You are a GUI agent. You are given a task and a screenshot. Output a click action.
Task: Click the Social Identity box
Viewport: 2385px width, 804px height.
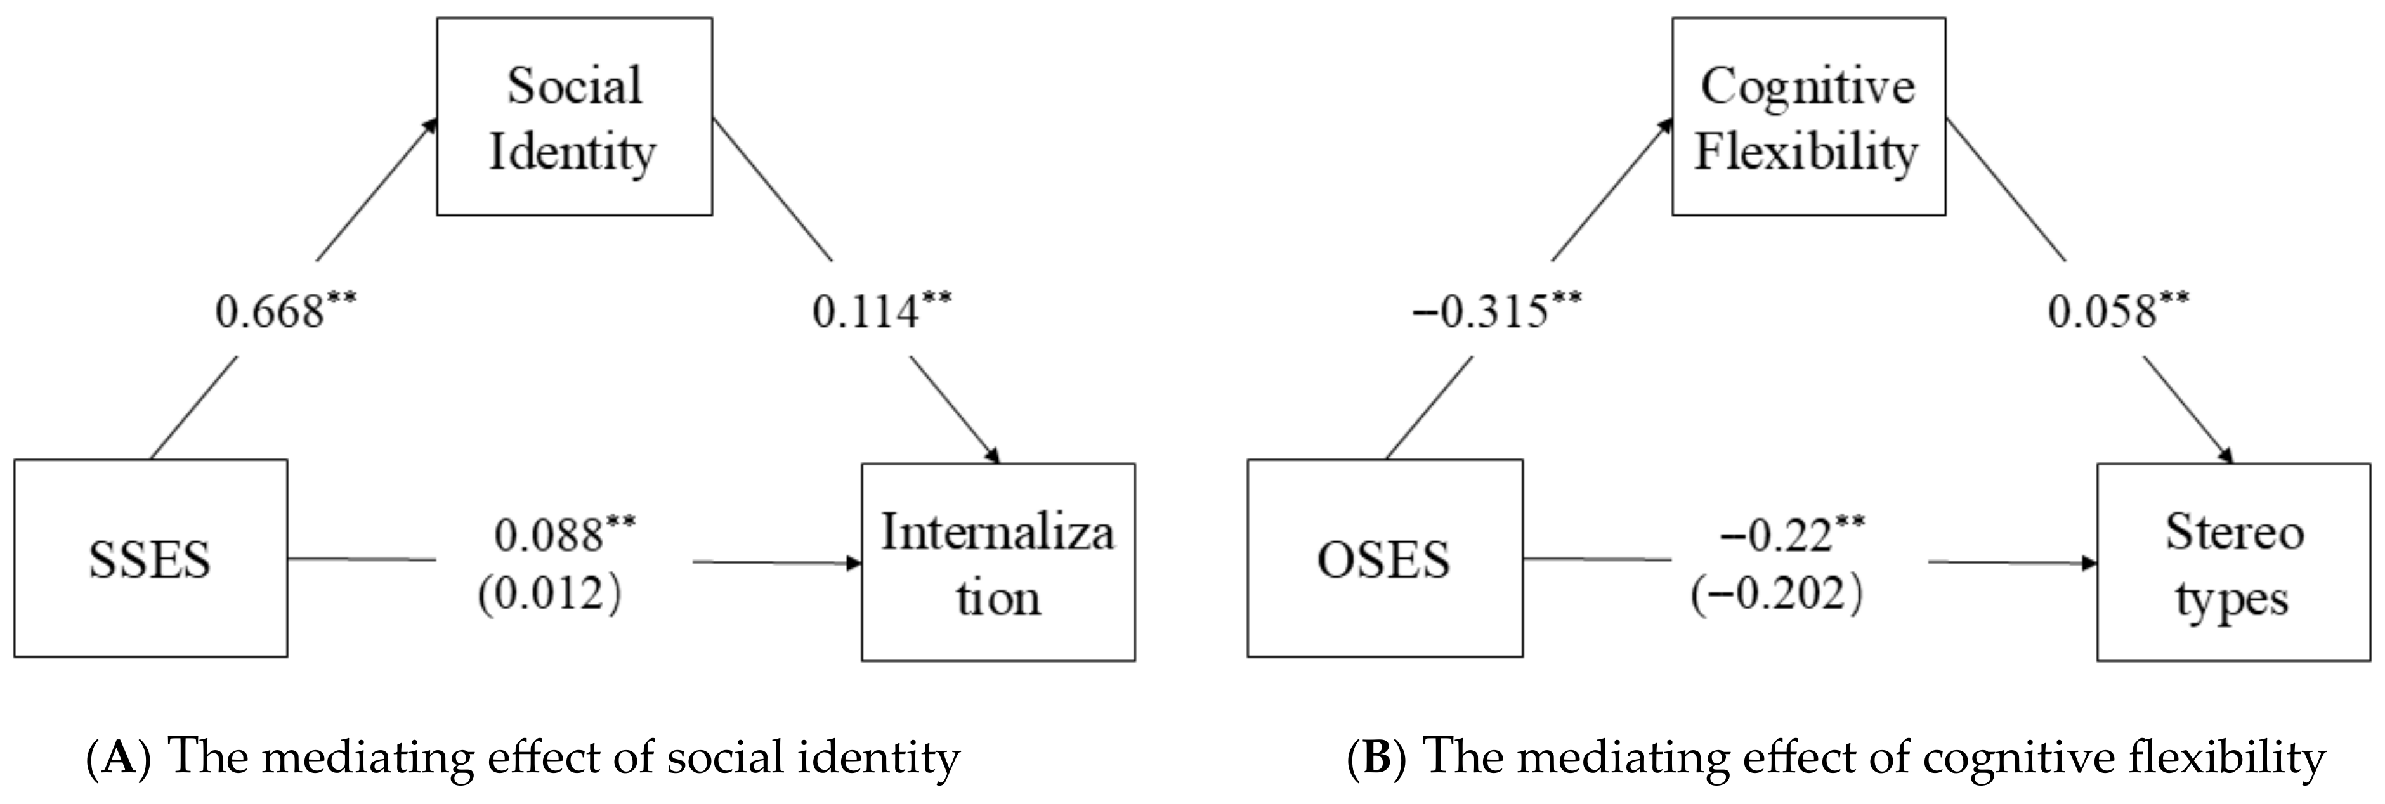click(574, 117)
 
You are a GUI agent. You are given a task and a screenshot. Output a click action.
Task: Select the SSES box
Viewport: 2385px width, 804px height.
click(150, 559)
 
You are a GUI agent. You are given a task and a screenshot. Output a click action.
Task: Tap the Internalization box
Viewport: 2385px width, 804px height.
click(998, 562)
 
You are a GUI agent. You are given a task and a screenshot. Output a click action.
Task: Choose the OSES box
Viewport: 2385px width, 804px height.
click(1384, 559)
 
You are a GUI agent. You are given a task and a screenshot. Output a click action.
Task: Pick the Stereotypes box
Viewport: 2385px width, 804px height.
click(2233, 562)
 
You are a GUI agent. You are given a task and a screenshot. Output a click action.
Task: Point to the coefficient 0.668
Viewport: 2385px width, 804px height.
click(270, 313)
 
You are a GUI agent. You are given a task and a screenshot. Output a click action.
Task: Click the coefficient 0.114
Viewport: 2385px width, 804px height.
click(866, 313)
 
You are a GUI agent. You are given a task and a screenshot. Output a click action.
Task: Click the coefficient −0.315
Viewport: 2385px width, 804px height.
click(1479, 313)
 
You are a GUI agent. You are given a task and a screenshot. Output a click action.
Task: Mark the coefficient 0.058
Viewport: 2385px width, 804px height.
click(2103, 313)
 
